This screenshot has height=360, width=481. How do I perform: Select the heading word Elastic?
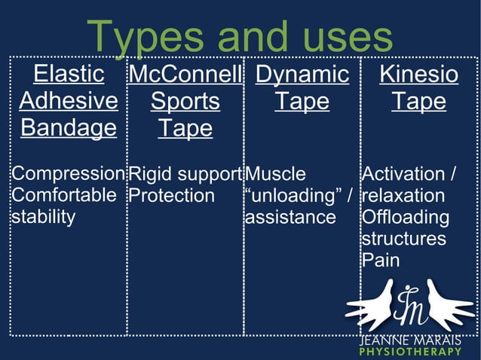(69, 75)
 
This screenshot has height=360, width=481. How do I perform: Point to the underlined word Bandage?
(69, 127)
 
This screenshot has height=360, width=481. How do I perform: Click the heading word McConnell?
(185, 75)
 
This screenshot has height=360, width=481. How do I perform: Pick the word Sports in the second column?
(185, 101)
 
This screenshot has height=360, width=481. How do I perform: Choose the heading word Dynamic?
(302, 75)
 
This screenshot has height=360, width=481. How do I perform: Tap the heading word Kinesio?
(418, 75)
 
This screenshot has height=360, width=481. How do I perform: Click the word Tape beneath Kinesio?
(418, 101)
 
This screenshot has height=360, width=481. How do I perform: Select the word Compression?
(67, 175)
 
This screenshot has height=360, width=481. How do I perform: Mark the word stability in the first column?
(43, 218)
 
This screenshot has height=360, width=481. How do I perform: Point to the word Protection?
(171, 196)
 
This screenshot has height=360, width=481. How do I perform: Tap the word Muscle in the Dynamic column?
(277, 175)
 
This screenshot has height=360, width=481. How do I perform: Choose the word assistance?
(290, 218)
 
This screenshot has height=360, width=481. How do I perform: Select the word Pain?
(381, 261)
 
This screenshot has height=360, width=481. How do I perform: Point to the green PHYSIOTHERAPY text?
(410, 352)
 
